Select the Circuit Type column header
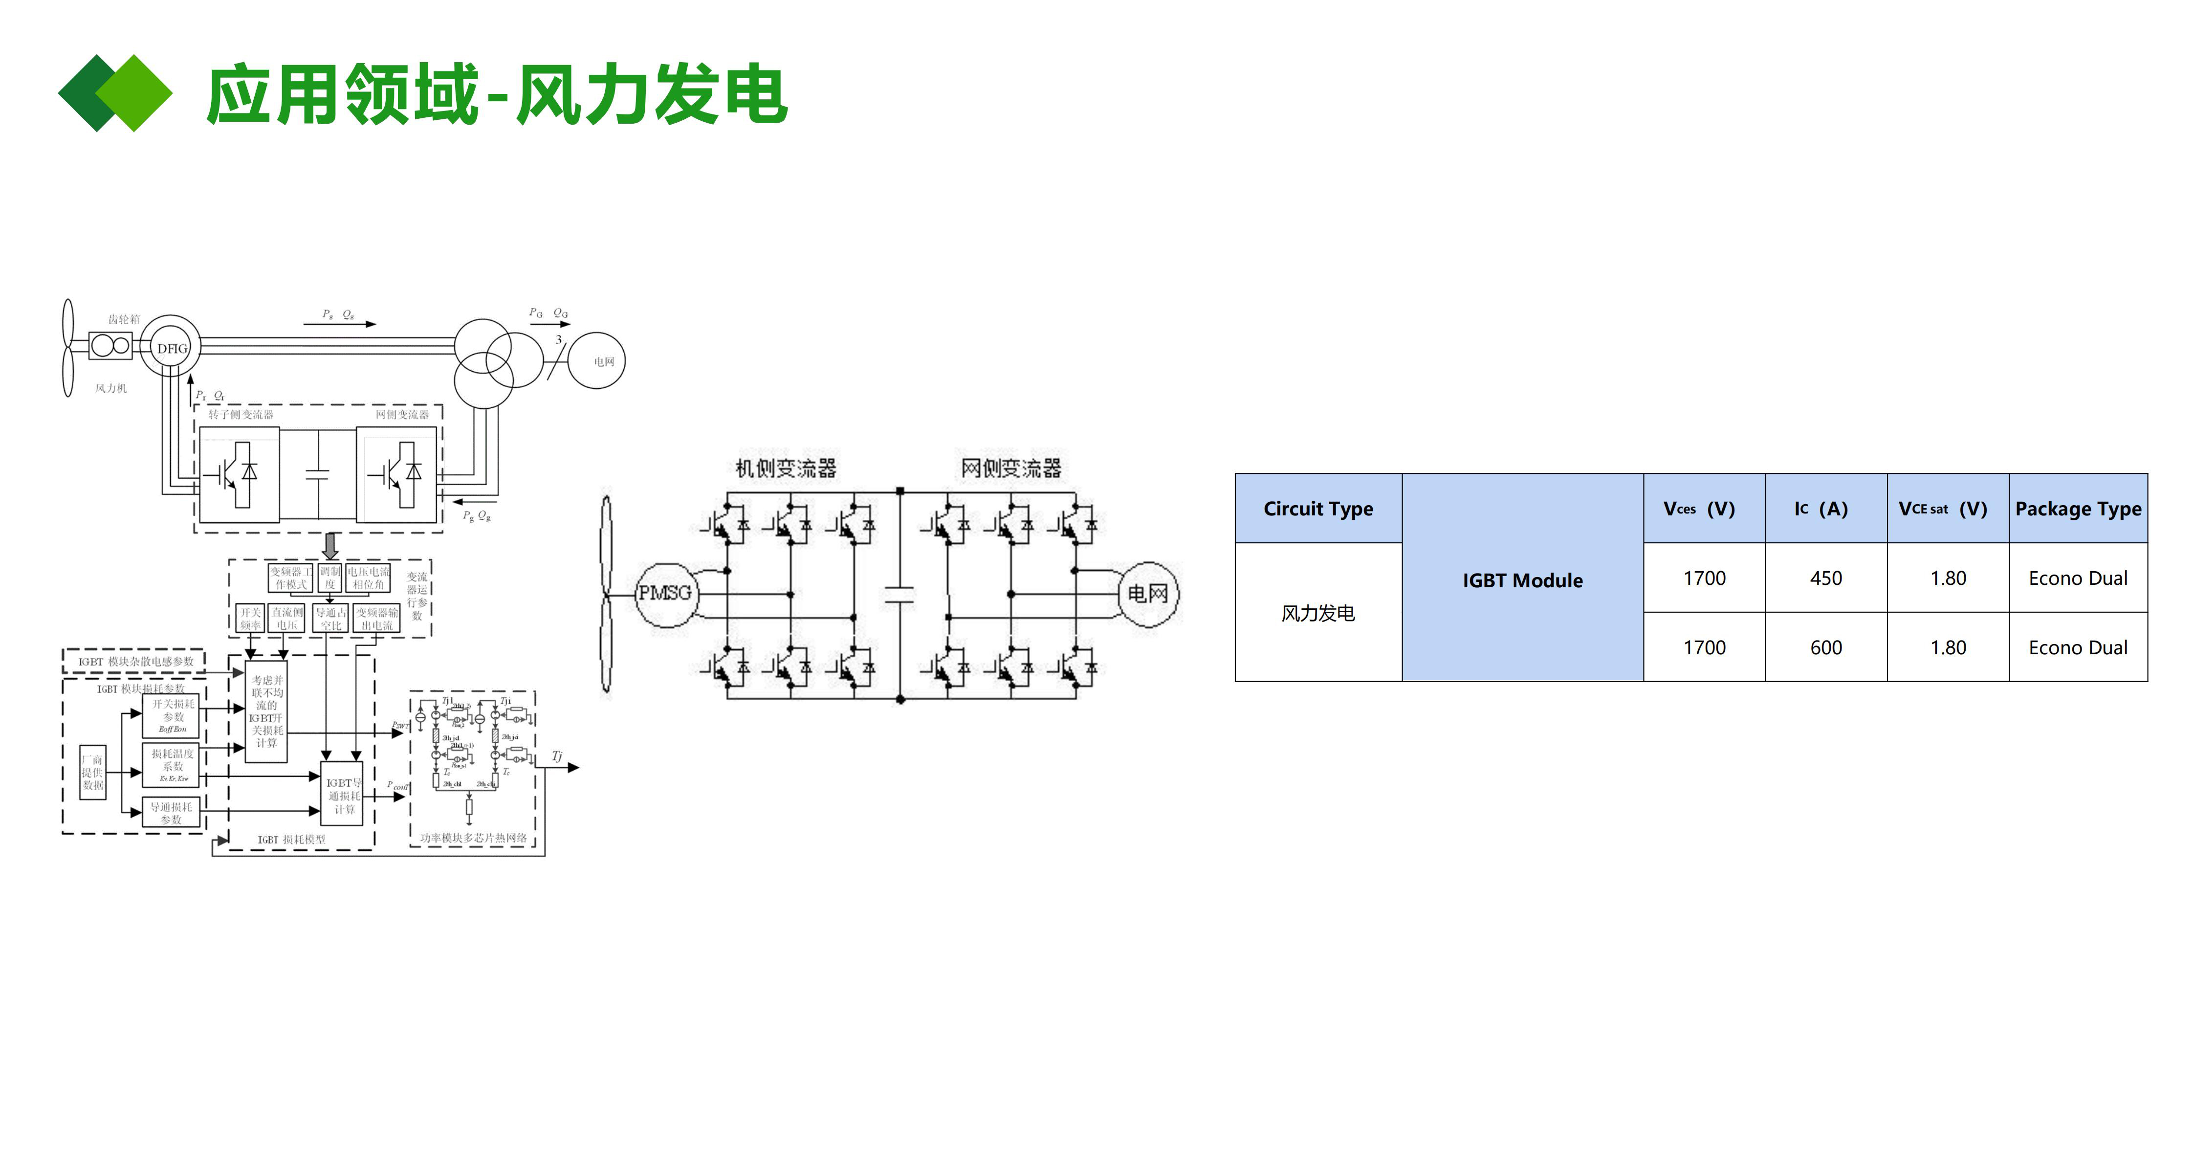click(x=1317, y=509)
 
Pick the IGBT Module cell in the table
click(x=1522, y=580)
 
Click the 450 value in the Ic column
click(x=1825, y=578)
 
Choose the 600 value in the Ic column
click(x=1825, y=647)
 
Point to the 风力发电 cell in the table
click(x=1317, y=613)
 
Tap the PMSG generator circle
click(x=665, y=594)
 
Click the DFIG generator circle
click(x=171, y=348)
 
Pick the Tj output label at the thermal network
click(x=557, y=755)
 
